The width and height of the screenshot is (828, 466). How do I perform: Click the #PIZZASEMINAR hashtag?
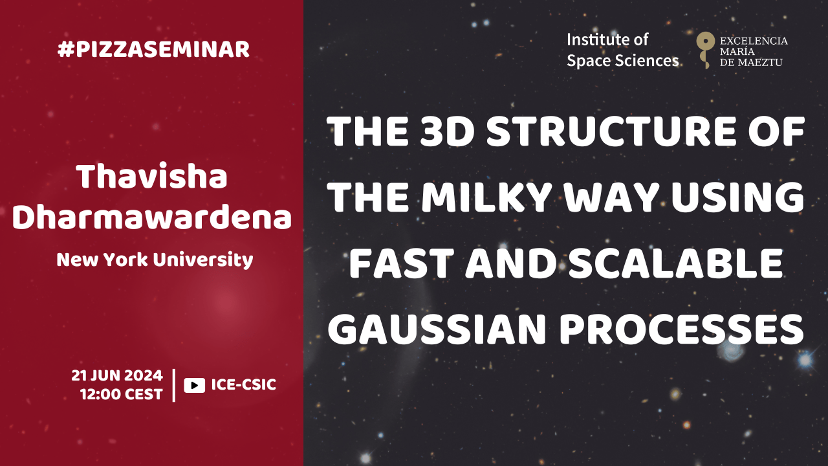153,50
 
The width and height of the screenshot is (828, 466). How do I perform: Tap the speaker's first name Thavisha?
151,177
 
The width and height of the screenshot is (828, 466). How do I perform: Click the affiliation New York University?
155,260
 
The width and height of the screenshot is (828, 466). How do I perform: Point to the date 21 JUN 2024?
117,376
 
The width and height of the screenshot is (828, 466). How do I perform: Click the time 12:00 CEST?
121,395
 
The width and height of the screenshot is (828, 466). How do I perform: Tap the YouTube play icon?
195,385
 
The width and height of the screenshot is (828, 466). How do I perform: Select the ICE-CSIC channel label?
244,385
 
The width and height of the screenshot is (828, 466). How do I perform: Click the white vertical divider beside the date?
174,385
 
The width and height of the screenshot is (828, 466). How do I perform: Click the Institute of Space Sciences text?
622,50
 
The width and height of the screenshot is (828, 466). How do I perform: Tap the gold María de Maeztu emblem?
705,50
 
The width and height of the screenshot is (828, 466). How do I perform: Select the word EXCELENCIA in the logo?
754,41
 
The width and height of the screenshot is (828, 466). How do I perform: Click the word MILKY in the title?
487,197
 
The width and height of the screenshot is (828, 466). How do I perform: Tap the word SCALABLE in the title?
675,263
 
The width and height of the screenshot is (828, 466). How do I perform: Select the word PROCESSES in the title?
682,329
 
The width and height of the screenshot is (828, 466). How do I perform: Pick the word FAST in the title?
402,263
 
